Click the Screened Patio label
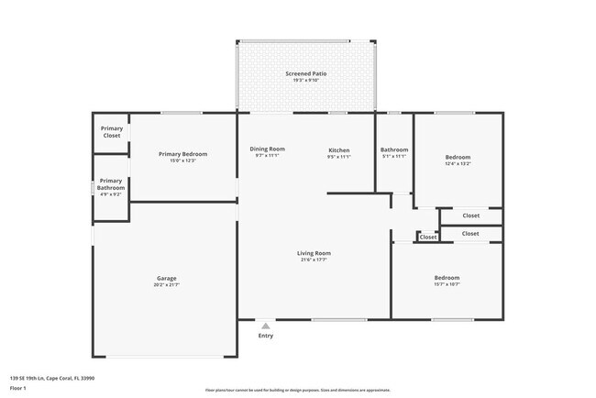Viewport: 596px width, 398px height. (x=306, y=73)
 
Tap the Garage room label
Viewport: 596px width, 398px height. (x=166, y=278)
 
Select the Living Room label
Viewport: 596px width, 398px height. (x=314, y=253)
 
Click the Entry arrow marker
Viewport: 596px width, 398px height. (x=265, y=325)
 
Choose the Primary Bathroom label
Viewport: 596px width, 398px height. (x=111, y=185)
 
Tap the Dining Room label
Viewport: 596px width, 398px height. (x=268, y=149)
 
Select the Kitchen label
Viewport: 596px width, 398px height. (x=339, y=149)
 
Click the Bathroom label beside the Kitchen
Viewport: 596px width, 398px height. (x=394, y=149)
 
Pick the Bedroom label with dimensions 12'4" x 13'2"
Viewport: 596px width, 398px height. (x=458, y=158)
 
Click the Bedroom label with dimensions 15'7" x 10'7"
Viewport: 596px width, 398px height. (x=447, y=277)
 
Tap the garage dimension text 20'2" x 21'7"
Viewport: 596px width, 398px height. (x=166, y=285)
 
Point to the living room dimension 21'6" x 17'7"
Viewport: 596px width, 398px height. (x=314, y=260)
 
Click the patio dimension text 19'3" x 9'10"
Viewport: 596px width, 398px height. (x=306, y=81)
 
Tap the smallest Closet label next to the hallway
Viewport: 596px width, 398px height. (x=428, y=238)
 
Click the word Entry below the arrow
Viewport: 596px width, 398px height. (x=265, y=336)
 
